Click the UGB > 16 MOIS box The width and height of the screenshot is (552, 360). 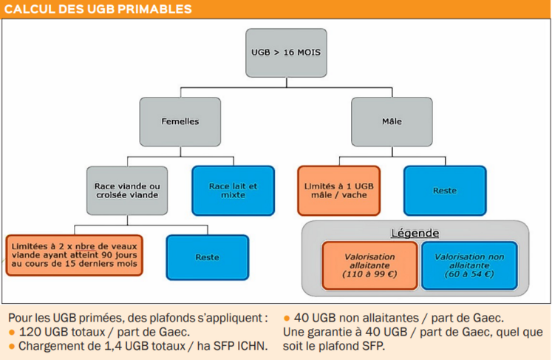[x=286, y=52]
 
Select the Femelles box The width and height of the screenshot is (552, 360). [x=180, y=122]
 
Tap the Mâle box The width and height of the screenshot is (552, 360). [x=392, y=122]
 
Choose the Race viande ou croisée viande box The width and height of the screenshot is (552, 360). [x=127, y=191]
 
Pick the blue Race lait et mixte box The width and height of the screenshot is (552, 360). [x=233, y=191]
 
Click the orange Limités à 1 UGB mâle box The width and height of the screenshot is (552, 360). [x=339, y=191]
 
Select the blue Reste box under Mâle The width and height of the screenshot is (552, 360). [x=445, y=191]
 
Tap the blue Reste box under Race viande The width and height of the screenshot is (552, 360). [x=208, y=257]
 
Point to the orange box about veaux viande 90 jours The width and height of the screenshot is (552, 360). [x=75, y=255]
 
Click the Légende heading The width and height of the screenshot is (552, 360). [x=415, y=233]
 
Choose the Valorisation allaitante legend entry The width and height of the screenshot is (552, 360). [x=370, y=265]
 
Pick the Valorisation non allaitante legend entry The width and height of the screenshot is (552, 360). [x=469, y=265]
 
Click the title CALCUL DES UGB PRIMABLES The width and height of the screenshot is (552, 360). [x=98, y=9]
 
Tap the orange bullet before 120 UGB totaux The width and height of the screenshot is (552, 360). [x=12, y=333]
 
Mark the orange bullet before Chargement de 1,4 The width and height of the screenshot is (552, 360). [x=12, y=347]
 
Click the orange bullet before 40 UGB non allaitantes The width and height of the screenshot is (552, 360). [x=287, y=319]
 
